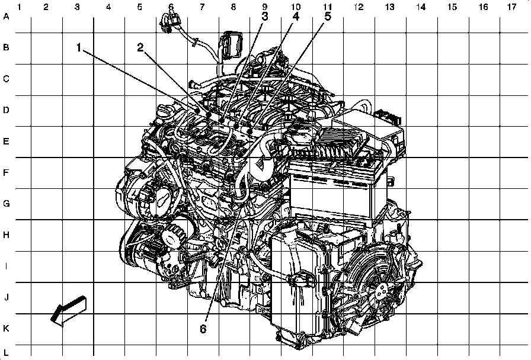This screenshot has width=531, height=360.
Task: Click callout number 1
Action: click(x=79, y=48)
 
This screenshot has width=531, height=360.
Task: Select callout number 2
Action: click(x=140, y=48)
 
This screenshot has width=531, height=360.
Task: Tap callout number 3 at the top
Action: click(x=265, y=16)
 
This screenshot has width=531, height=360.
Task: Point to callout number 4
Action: click(x=296, y=16)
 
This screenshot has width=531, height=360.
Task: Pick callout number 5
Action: click(x=328, y=16)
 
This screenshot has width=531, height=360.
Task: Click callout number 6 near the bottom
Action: click(x=203, y=329)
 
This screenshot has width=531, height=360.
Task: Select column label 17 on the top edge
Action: click(x=511, y=7)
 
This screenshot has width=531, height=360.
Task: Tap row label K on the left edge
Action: click(x=6, y=329)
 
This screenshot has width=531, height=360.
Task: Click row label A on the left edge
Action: click(x=6, y=16)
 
